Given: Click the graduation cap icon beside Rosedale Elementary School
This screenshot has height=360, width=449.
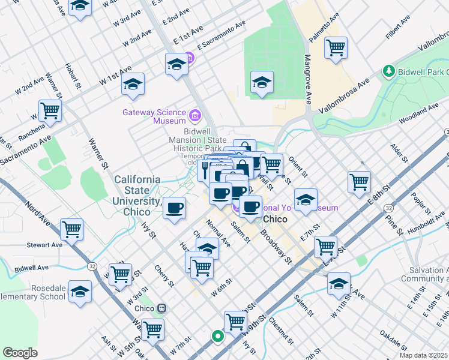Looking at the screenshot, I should click(x=80, y=292).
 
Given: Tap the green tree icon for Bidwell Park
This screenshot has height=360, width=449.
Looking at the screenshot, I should click(x=389, y=72).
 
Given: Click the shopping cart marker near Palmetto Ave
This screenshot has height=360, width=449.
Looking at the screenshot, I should click(x=336, y=47).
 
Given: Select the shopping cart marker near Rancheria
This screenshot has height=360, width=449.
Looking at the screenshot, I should click(x=50, y=110).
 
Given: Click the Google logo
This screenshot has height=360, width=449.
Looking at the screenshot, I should click(x=20, y=353).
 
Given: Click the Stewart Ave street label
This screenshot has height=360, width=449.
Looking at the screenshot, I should click(x=44, y=245).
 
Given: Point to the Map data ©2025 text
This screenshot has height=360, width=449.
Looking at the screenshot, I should click(x=423, y=355).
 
